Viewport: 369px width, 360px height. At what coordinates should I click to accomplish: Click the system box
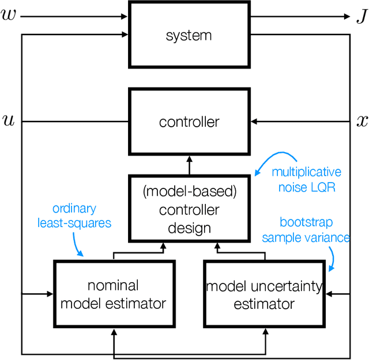coord(189,35)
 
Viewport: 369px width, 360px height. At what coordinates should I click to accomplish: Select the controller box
coord(189,122)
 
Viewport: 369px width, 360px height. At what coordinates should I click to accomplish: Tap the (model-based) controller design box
coord(189,210)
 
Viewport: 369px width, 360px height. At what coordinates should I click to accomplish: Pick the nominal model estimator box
coord(114,294)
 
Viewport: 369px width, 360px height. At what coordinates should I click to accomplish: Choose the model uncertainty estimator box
coord(264,294)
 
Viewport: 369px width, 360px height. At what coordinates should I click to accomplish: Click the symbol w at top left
coord(9,16)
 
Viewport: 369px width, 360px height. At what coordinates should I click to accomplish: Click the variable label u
coord(9,122)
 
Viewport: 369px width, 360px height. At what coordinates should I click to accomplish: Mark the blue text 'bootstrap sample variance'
coord(314,230)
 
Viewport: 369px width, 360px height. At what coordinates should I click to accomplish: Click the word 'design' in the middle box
coord(189,228)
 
